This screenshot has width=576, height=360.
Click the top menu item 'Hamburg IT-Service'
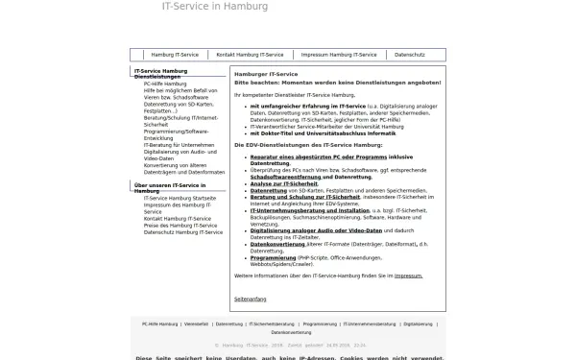(x=176, y=55)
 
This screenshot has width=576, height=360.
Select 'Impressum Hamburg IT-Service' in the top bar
(x=339, y=55)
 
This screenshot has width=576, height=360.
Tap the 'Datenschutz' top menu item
(x=410, y=55)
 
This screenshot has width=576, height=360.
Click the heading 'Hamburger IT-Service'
(x=265, y=75)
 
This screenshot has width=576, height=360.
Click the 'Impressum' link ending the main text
(x=408, y=275)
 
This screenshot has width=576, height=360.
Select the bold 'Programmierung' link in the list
(x=274, y=257)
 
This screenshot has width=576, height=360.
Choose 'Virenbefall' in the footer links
(x=197, y=324)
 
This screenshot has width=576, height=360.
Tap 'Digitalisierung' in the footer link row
(x=419, y=324)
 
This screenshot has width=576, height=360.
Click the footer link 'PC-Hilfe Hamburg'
(x=160, y=324)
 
